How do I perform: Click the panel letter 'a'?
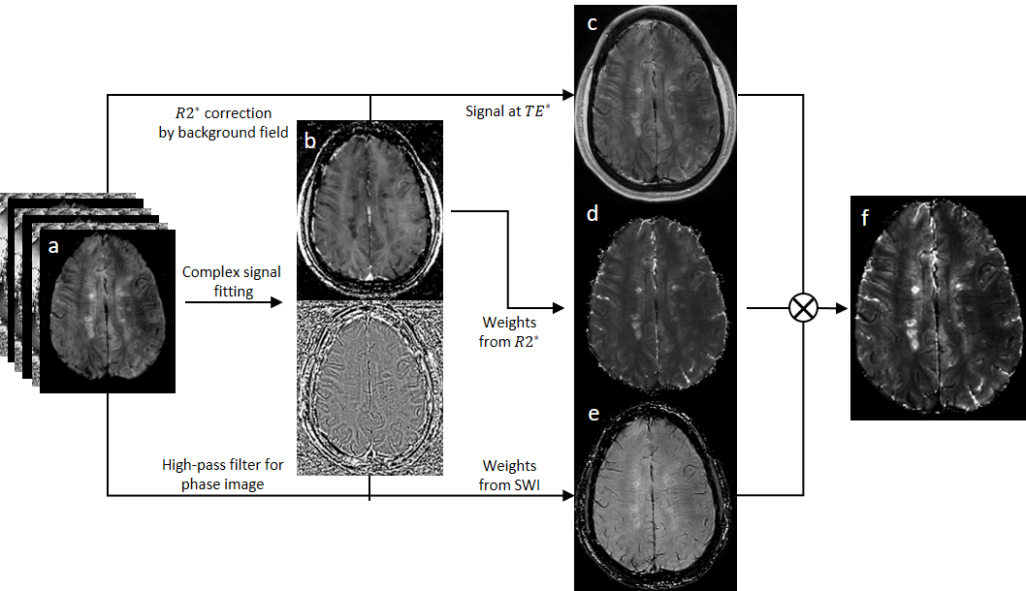click(53, 247)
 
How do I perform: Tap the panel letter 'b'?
click(309, 141)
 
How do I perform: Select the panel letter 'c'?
click(593, 23)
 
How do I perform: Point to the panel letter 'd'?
click(592, 214)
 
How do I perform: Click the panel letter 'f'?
click(864, 218)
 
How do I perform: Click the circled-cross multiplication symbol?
click(803, 308)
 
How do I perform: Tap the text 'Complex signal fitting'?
click(232, 281)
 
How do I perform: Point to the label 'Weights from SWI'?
click(508, 476)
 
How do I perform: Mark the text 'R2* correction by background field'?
click(223, 123)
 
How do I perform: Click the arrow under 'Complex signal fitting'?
click(233, 303)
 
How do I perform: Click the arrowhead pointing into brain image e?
click(568, 496)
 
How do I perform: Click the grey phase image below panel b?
click(369, 388)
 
